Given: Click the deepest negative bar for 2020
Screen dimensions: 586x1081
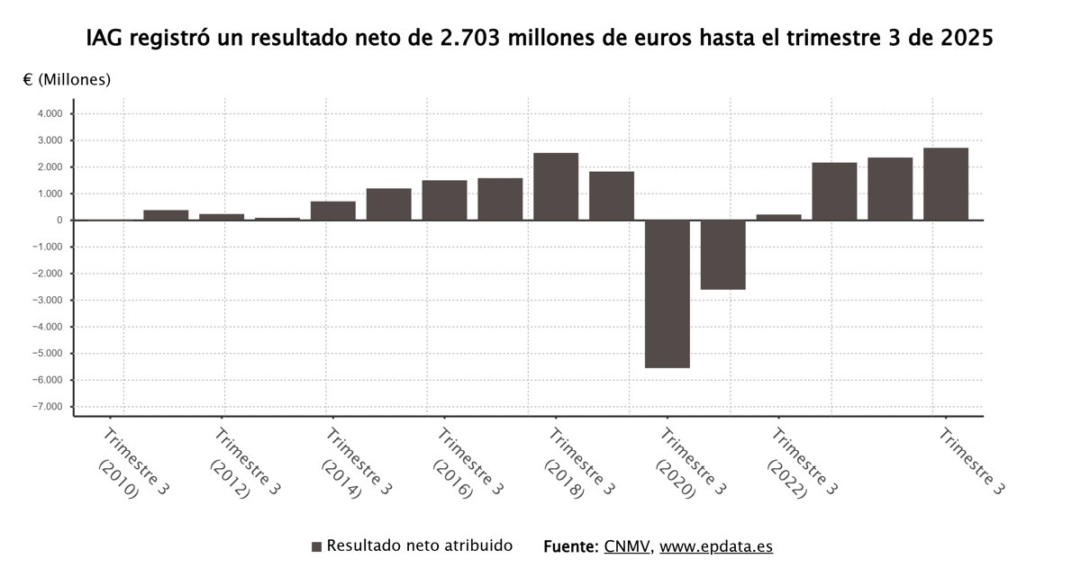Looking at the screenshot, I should tap(668, 293).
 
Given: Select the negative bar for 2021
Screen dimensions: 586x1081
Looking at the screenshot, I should tap(723, 255).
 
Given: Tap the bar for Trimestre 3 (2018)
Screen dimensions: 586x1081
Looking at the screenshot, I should tap(556, 186).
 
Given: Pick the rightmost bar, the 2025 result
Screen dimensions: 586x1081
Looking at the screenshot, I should tap(946, 184).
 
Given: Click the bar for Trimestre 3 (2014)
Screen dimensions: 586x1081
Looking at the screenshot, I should tap(333, 211).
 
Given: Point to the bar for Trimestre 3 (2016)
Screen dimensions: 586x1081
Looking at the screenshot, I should tap(444, 200).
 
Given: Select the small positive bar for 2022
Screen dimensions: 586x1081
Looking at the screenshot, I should tap(779, 217).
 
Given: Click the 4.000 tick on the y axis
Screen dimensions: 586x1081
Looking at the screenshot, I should tap(50, 114).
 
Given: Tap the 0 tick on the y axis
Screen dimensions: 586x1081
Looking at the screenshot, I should tap(59, 221).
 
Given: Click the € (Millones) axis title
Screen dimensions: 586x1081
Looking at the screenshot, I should tap(67, 79).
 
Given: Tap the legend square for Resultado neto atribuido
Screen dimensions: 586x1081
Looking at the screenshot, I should tap(316, 546).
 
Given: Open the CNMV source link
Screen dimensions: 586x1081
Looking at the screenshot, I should tap(627, 546).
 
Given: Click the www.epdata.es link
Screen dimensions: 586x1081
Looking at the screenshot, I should tap(716, 546).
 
